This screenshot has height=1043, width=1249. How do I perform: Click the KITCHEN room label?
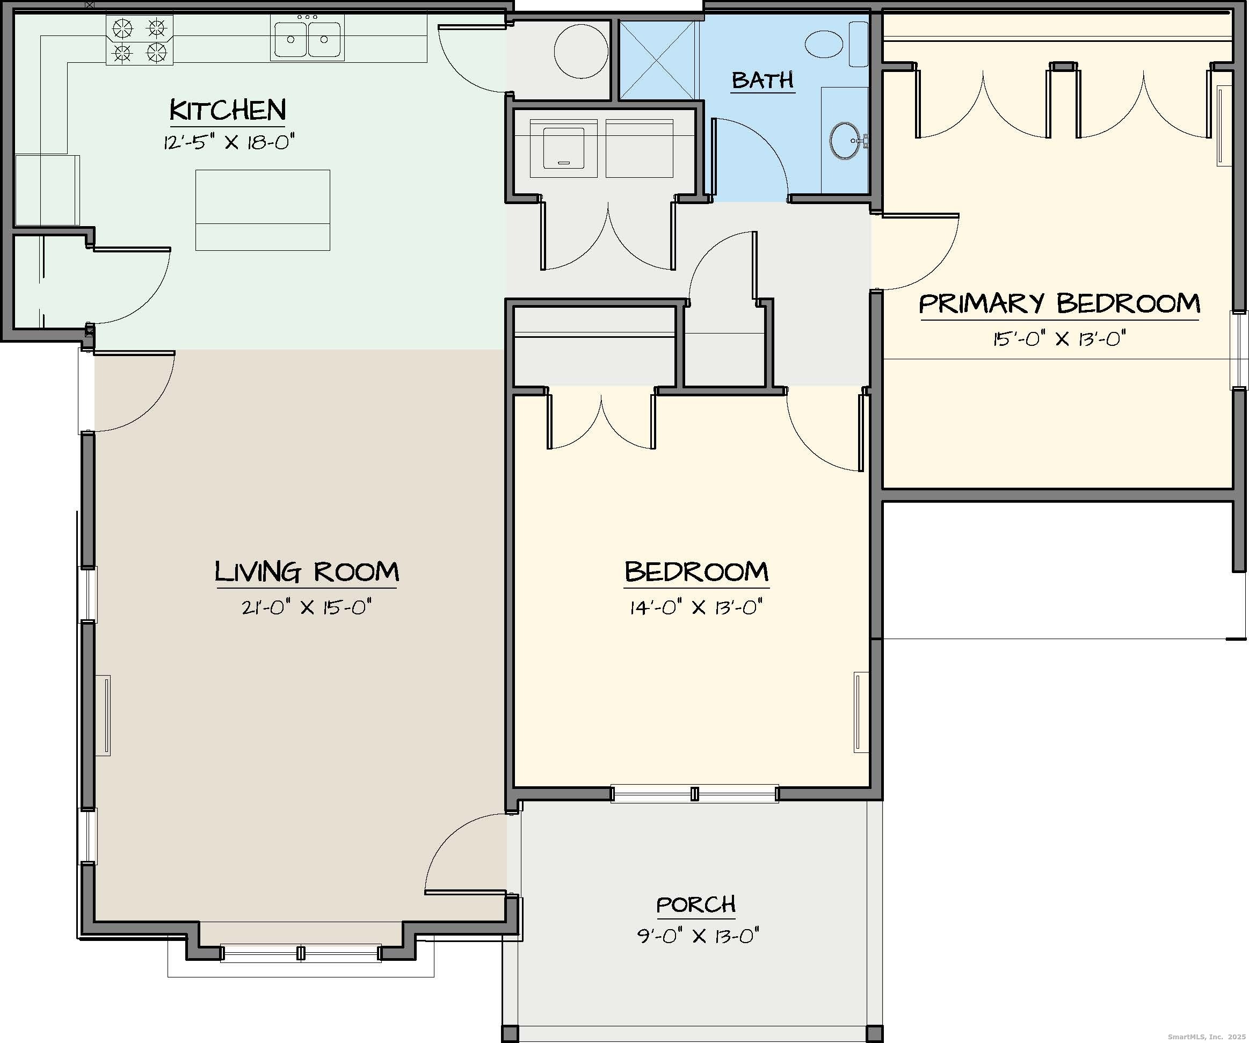click(228, 111)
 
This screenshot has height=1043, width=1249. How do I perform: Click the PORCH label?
click(696, 905)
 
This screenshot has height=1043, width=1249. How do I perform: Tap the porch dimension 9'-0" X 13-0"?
click(698, 936)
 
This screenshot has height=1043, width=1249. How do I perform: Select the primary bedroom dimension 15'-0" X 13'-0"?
click(1059, 338)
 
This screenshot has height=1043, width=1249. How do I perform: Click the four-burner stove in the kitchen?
click(140, 40)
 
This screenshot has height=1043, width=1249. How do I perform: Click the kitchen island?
click(263, 210)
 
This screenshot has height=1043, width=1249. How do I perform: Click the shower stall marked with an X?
click(657, 60)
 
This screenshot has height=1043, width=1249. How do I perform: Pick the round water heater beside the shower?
click(581, 51)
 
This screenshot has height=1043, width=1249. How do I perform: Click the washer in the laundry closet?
click(563, 148)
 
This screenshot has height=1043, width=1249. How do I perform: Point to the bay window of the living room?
click(301, 953)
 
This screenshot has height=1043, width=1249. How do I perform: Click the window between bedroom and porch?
click(694, 794)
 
